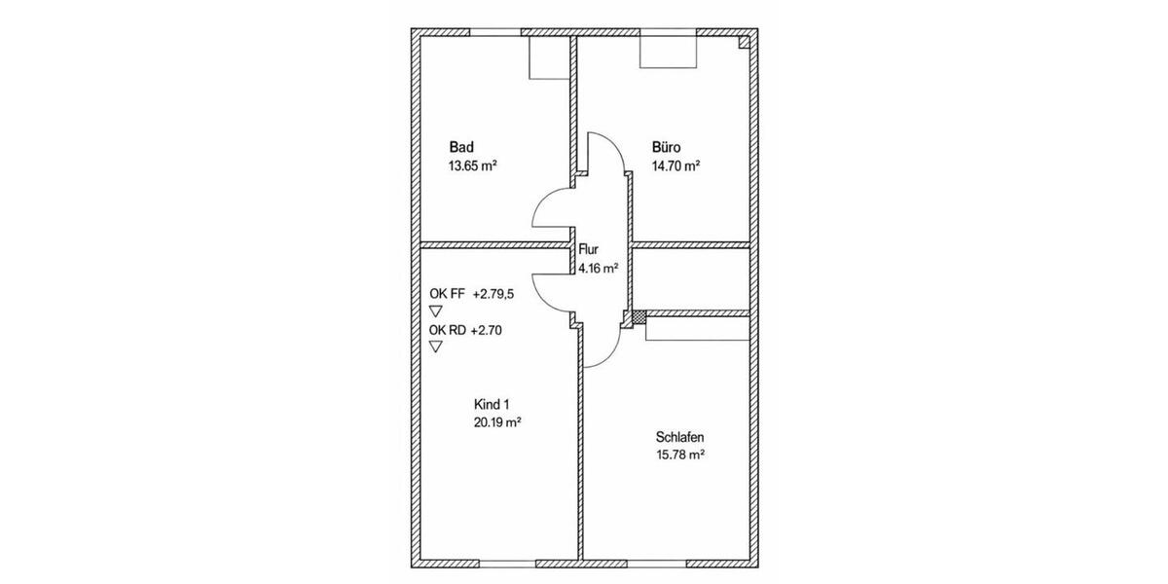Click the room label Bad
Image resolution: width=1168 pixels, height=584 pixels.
coord(461,147)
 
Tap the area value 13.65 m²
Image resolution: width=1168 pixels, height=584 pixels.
coord(472,165)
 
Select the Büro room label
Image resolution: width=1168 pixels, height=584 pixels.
coord(667,147)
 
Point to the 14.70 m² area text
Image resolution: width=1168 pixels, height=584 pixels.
coord(676,165)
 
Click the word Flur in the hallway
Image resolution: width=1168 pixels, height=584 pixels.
coord(589,250)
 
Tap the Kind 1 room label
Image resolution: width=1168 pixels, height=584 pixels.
coord(491,404)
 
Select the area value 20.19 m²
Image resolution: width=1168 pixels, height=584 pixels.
coord(497,422)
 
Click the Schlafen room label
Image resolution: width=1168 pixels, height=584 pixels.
coord(679,437)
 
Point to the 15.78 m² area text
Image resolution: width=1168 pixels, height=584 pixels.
coord(680,455)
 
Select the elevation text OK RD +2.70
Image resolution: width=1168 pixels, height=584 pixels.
coord(468,330)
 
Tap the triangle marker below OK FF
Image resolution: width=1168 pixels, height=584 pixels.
coord(435,310)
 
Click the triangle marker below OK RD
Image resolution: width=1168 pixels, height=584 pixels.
coord(435,347)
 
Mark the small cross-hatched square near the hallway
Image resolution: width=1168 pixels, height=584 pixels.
coord(639,316)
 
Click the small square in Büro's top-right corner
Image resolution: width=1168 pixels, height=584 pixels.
coord(744,42)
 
